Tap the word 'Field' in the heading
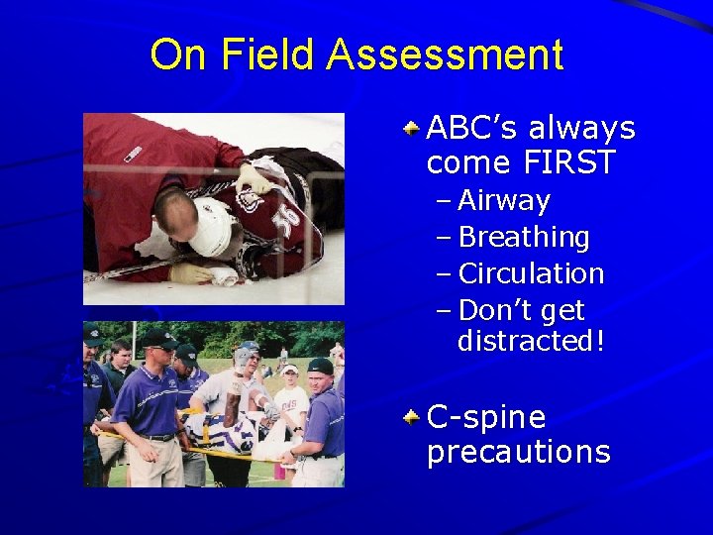click(x=268, y=54)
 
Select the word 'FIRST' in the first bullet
click(x=567, y=161)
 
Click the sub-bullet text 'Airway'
click(x=504, y=201)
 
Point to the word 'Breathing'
click(x=524, y=238)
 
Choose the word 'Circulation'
click(x=531, y=273)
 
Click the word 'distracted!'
click(x=531, y=341)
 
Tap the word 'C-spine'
click(x=485, y=417)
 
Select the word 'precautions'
click(x=518, y=452)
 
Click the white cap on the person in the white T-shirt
click(x=290, y=370)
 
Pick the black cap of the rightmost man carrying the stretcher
click(x=320, y=366)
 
